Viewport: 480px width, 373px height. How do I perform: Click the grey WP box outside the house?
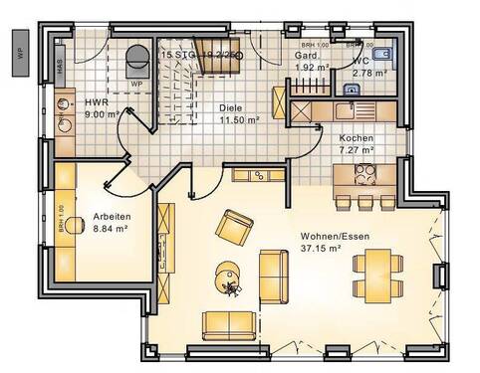click(x=20, y=47)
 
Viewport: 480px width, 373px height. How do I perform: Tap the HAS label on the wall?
click(x=60, y=66)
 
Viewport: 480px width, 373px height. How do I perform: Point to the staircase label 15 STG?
click(x=199, y=54)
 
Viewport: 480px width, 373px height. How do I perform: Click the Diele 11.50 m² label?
click(x=239, y=114)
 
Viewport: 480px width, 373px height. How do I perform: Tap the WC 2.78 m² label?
click(x=367, y=67)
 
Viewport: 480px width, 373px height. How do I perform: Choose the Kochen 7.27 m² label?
click(x=357, y=143)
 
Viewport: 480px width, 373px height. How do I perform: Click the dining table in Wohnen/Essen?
click(x=377, y=275)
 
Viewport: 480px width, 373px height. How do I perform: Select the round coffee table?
click(x=226, y=270)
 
